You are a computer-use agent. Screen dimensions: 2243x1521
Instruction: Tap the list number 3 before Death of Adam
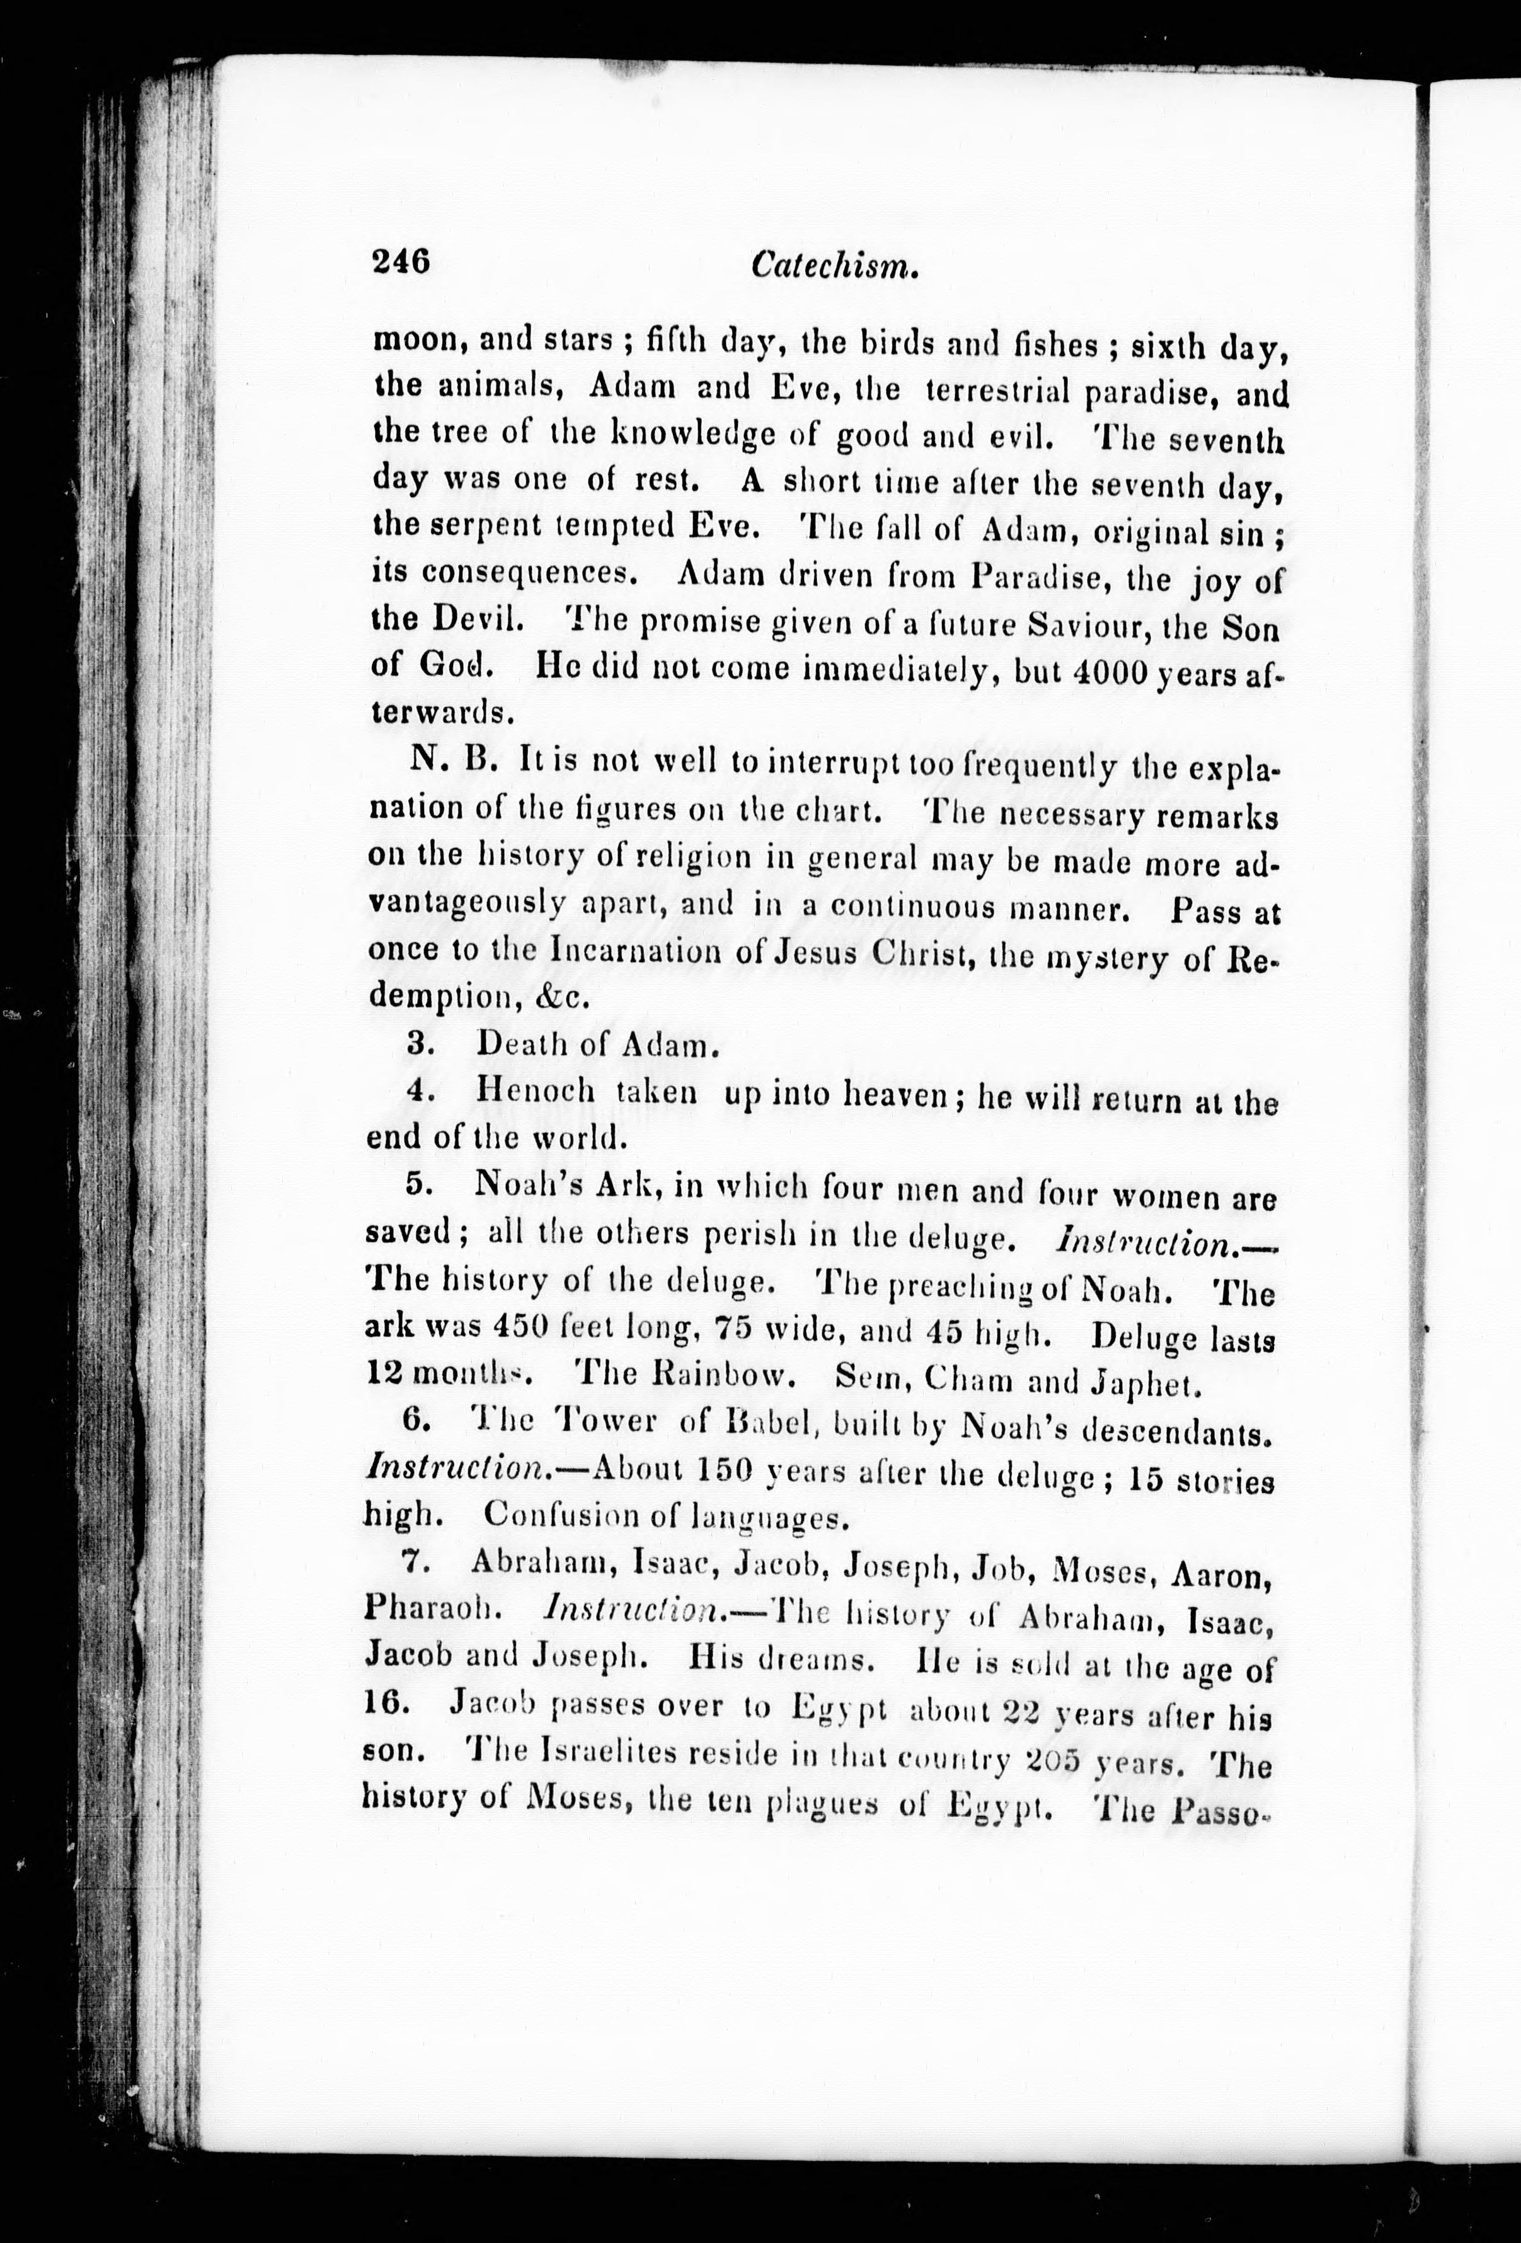pyautogui.click(x=418, y=1044)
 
